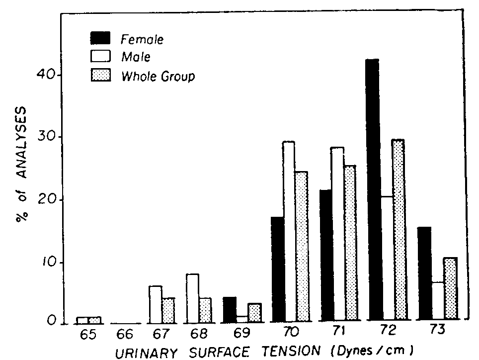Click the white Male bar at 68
(x=193, y=298)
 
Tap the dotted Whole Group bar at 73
(x=450, y=288)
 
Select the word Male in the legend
(x=135, y=58)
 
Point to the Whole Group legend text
(x=158, y=77)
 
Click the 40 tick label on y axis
(x=48, y=76)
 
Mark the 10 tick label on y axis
(x=48, y=263)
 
